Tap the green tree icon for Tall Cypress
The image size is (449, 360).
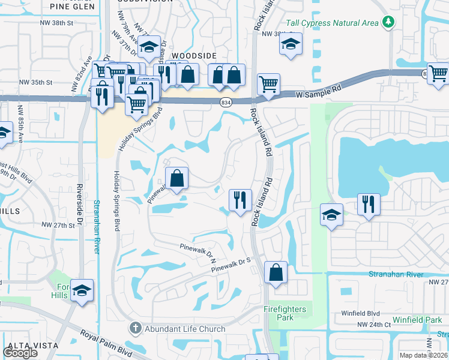[x=388, y=22]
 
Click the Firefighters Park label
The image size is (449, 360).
[x=285, y=313]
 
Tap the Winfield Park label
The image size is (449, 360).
[x=417, y=320]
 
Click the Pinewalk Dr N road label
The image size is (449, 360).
[x=197, y=251]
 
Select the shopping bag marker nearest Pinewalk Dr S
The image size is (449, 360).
[x=276, y=272]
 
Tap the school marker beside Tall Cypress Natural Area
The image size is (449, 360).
[x=291, y=44]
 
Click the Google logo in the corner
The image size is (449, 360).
[x=20, y=353]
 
